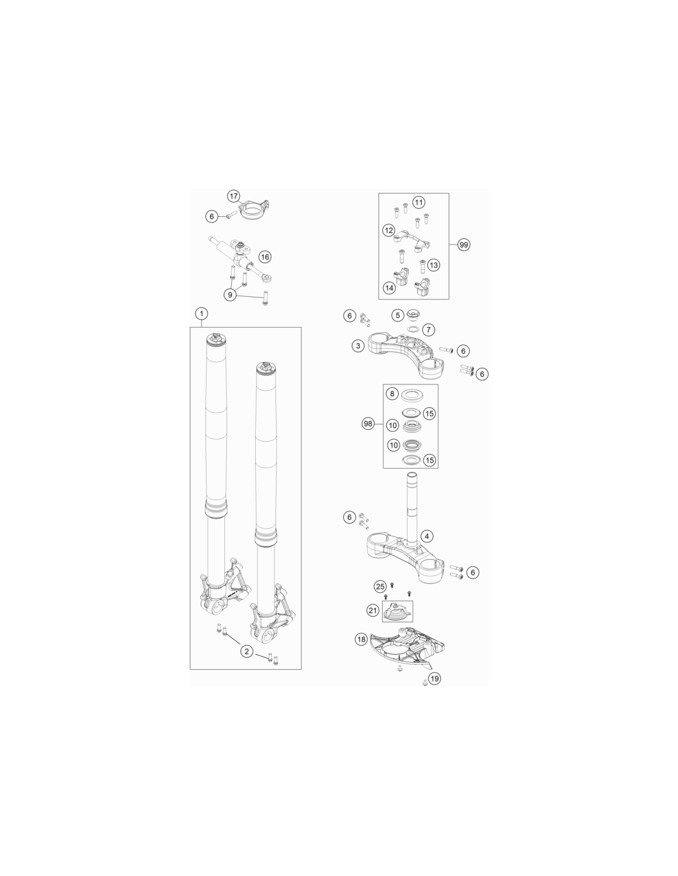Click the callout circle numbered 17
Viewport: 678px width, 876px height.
tap(234, 197)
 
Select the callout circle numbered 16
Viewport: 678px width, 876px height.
tap(264, 257)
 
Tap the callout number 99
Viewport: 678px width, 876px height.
tap(464, 245)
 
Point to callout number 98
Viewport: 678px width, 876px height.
tap(368, 424)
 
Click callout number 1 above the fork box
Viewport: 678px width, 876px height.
tap(202, 313)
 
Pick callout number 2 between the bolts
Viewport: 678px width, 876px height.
tap(247, 651)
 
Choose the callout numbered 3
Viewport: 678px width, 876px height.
tap(357, 346)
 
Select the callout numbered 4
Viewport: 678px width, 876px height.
tap(427, 536)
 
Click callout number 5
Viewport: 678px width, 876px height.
tap(398, 315)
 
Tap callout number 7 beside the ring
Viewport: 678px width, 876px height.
tap(428, 330)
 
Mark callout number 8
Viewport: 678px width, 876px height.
tap(393, 394)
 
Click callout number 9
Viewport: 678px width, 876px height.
tap(230, 294)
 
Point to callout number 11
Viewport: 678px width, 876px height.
tap(419, 202)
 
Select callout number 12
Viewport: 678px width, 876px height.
tap(389, 230)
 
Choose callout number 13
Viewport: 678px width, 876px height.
tap(433, 265)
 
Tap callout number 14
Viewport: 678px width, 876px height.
tap(389, 288)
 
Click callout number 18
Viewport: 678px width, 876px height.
tap(361, 639)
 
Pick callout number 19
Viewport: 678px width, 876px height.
tap(435, 678)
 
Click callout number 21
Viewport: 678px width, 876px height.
tap(373, 610)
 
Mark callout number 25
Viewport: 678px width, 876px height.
tap(380, 586)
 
